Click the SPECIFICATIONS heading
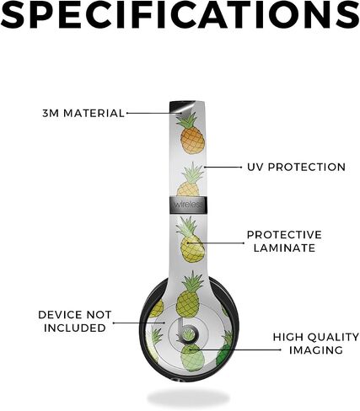click(x=180, y=13)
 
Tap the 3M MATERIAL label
click(x=83, y=114)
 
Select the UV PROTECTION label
click(x=296, y=167)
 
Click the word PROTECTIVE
click(x=284, y=235)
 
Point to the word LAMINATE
click(x=284, y=248)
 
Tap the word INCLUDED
click(x=75, y=328)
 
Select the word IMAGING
click(x=316, y=350)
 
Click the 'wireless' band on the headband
click(x=188, y=205)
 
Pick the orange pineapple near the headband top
click(x=191, y=135)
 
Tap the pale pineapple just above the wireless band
click(x=190, y=179)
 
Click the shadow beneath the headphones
click(x=189, y=397)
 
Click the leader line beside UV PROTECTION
click(x=223, y=167)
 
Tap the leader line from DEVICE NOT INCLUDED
click(x=139, y=323)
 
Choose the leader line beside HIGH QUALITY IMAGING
click(x=235, y=350)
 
